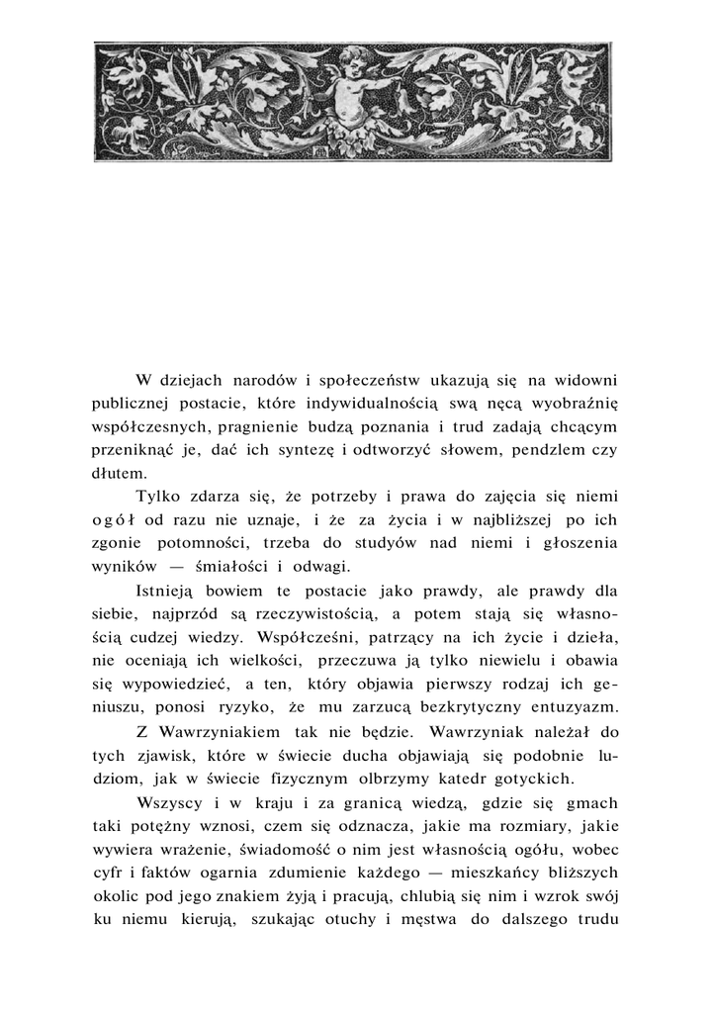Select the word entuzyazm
point(567,708)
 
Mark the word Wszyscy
point(171,802)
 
